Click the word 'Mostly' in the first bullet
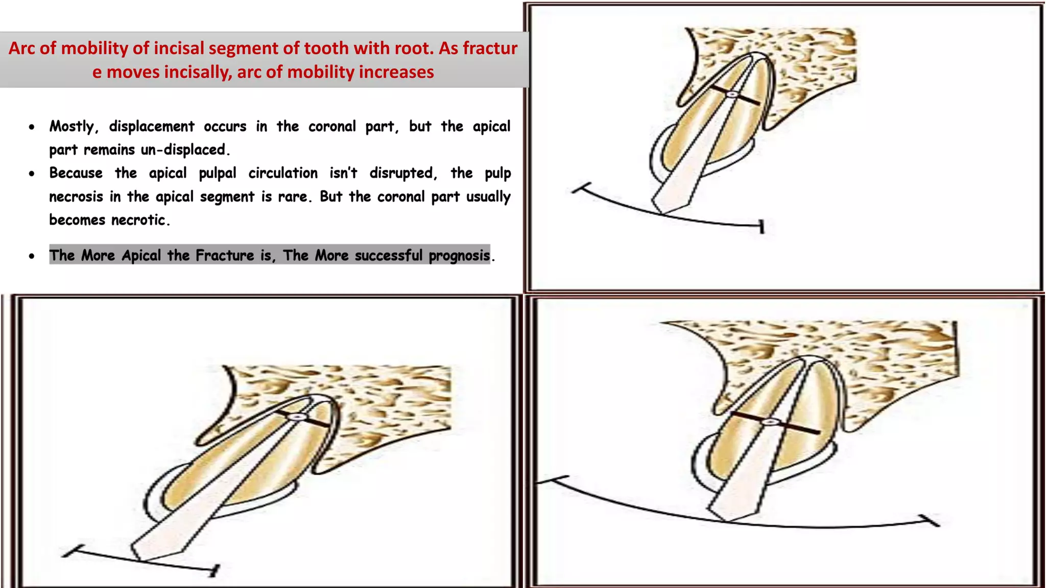(x=72, y=127)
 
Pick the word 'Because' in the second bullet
(x=76, y=173)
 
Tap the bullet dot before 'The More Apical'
(x=32, y=256)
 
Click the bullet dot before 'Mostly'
(x=32, y=127)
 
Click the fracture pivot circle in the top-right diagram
(x=731, y=94)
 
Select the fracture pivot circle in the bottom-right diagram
(x=770, y=422)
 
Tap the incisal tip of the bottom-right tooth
(x=725, y=520)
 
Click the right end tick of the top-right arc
(x=762, y=226)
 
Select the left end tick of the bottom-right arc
(x=553, y=480)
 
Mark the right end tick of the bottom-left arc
(x=215, y=570)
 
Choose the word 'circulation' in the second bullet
(x=283, y=173)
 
